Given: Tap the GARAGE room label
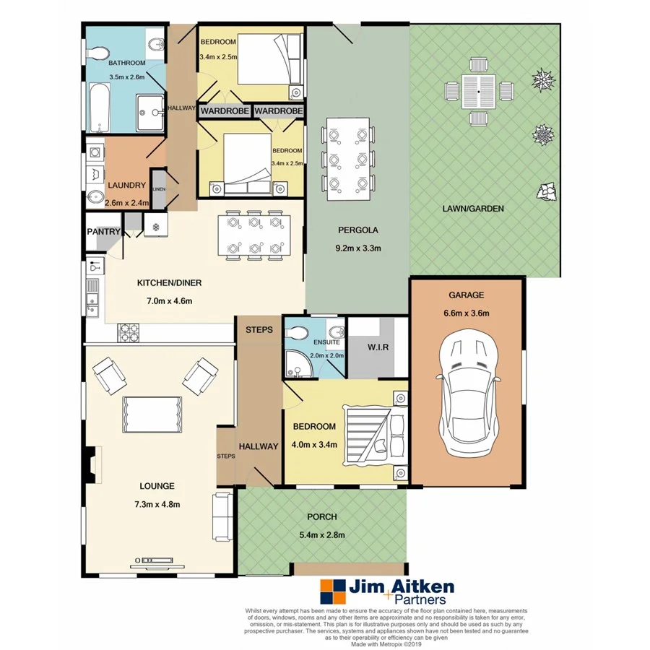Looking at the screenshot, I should [x=466, y=295].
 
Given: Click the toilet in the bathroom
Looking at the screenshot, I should [x=99, y=53].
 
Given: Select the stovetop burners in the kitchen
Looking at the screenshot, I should [x=129, y=331].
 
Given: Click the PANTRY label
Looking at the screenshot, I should [x=103, y=232].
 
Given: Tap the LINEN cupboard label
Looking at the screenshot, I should [x=158, y=188].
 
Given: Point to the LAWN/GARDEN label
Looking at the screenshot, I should [x=473, y=209].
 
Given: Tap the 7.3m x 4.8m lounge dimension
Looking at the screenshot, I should [x=158, y=503].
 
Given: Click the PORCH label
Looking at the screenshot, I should [x=322, y=517].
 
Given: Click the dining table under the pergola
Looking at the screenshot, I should [x=348, y=159].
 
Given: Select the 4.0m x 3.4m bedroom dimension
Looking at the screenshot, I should [x=314, y=444].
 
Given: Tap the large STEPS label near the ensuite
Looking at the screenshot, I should [x=259, y=330].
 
